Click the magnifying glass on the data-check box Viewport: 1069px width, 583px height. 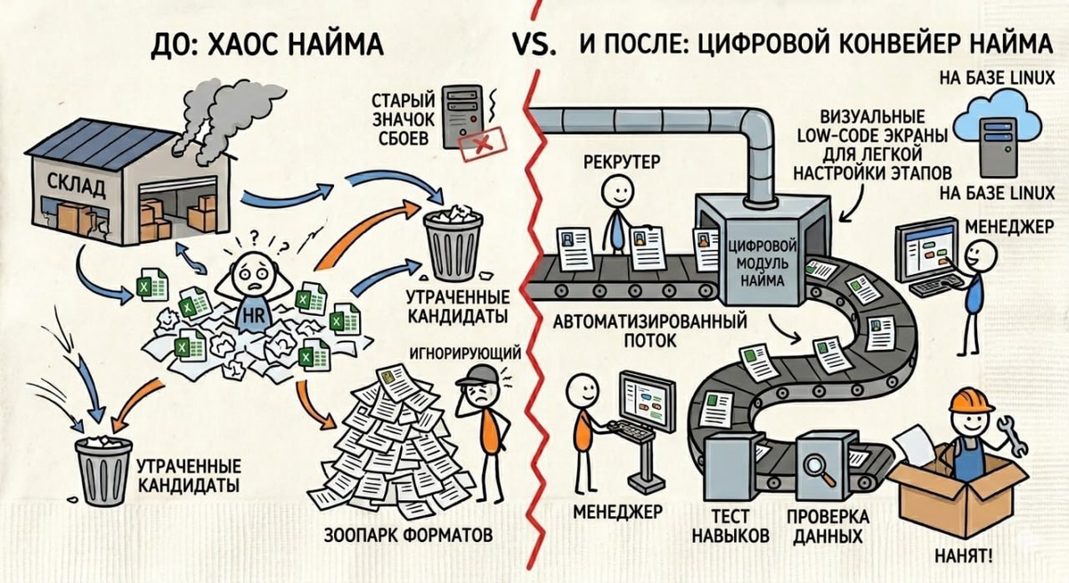point(814,463)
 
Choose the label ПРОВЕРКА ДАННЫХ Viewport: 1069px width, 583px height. point(827,527)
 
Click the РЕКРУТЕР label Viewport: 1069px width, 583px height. point(622,161)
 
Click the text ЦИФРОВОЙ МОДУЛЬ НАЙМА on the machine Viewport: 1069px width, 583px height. point(761,261)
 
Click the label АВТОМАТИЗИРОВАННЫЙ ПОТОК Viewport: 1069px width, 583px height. point(650,330)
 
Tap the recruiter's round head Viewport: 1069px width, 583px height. point(614,191)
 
